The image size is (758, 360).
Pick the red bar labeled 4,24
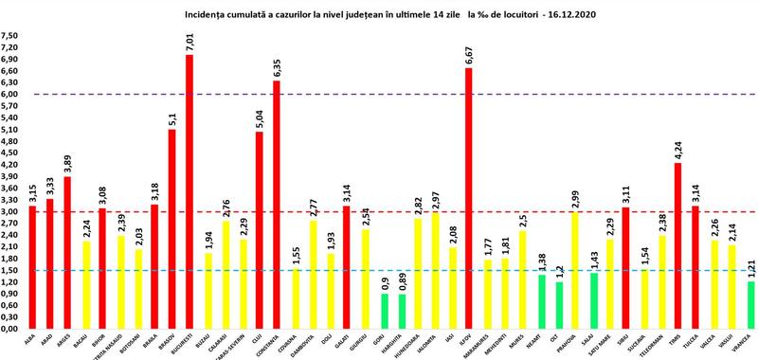pos(678,246)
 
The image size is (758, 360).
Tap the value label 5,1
pos(171,117)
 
